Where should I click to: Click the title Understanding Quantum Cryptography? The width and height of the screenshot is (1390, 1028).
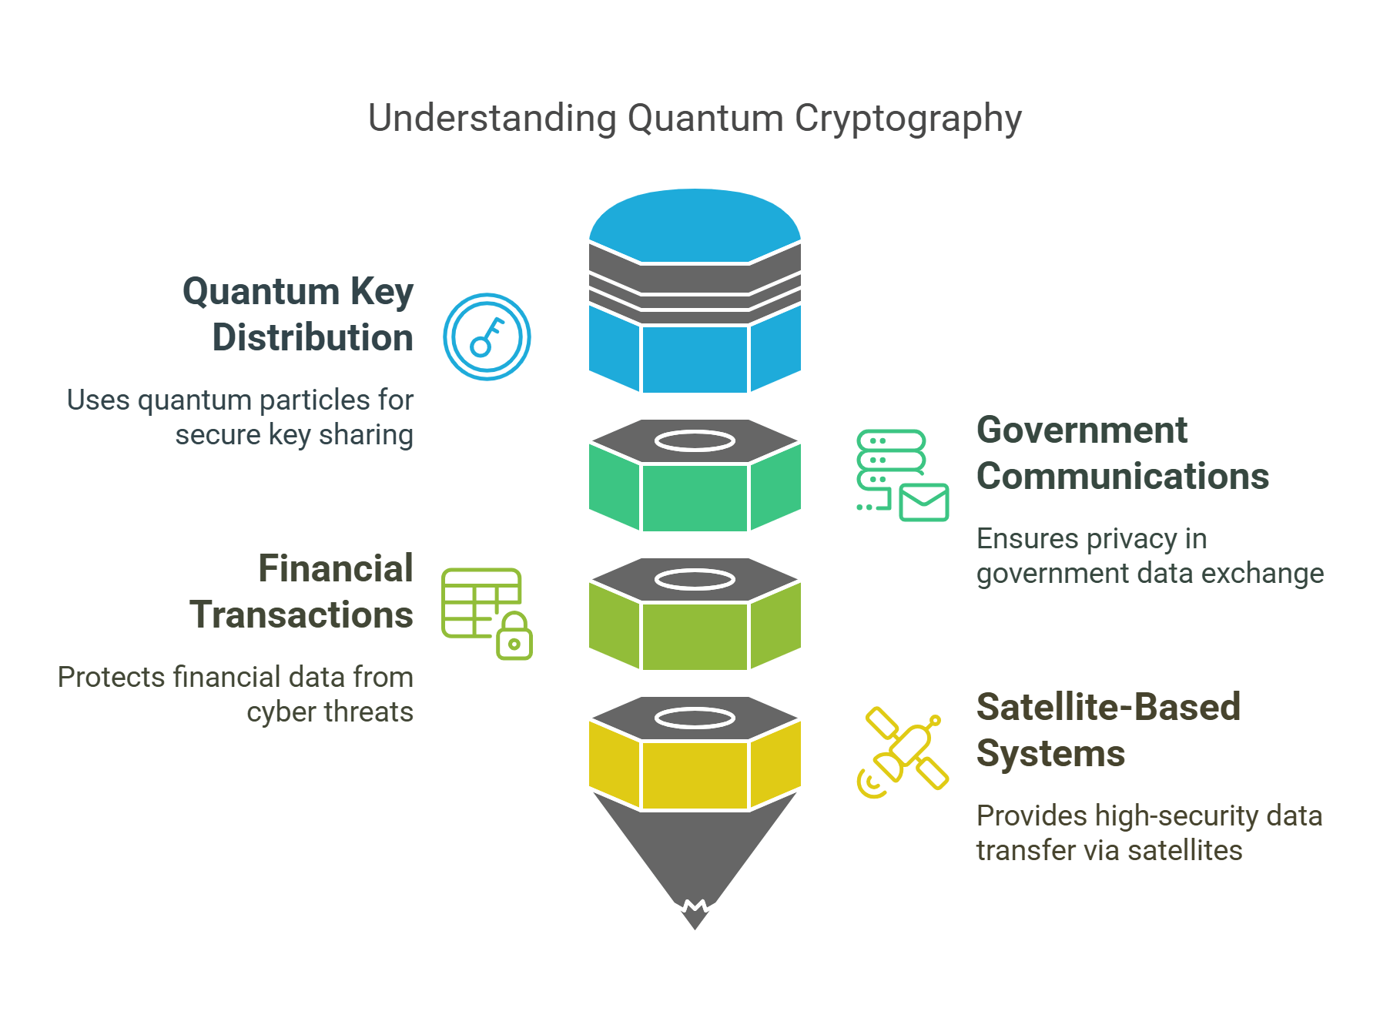click(x=695, y=119)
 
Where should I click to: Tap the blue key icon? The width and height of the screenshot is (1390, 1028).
click(x=487, y=337)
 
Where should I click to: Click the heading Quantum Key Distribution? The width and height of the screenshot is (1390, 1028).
click(x=299, y=314)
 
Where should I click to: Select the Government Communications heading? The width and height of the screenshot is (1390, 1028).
click(x=1122, y=453)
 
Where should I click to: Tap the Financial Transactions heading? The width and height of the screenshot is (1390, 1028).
click(x=302, y=591)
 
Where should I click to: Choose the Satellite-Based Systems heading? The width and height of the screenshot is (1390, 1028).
click(x=1107, y=730)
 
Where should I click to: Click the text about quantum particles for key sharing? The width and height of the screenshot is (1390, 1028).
click(x=241, y=417)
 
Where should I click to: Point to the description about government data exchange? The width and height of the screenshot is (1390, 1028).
click(x=1149, y=556)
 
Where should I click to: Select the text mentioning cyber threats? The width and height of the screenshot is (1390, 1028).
click(x=236, y=695)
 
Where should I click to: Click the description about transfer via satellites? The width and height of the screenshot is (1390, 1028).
click(x=1148, y=833)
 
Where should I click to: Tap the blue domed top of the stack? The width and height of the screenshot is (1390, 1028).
click(x=695, y=223)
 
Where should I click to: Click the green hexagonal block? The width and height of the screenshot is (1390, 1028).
click(x=695, y=497)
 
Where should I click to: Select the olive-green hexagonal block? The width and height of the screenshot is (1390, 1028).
click(x=695, y=635)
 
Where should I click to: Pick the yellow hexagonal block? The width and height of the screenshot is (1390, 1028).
click(x=695, y=774)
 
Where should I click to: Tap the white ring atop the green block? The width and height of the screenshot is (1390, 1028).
click(x=695, y=441)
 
